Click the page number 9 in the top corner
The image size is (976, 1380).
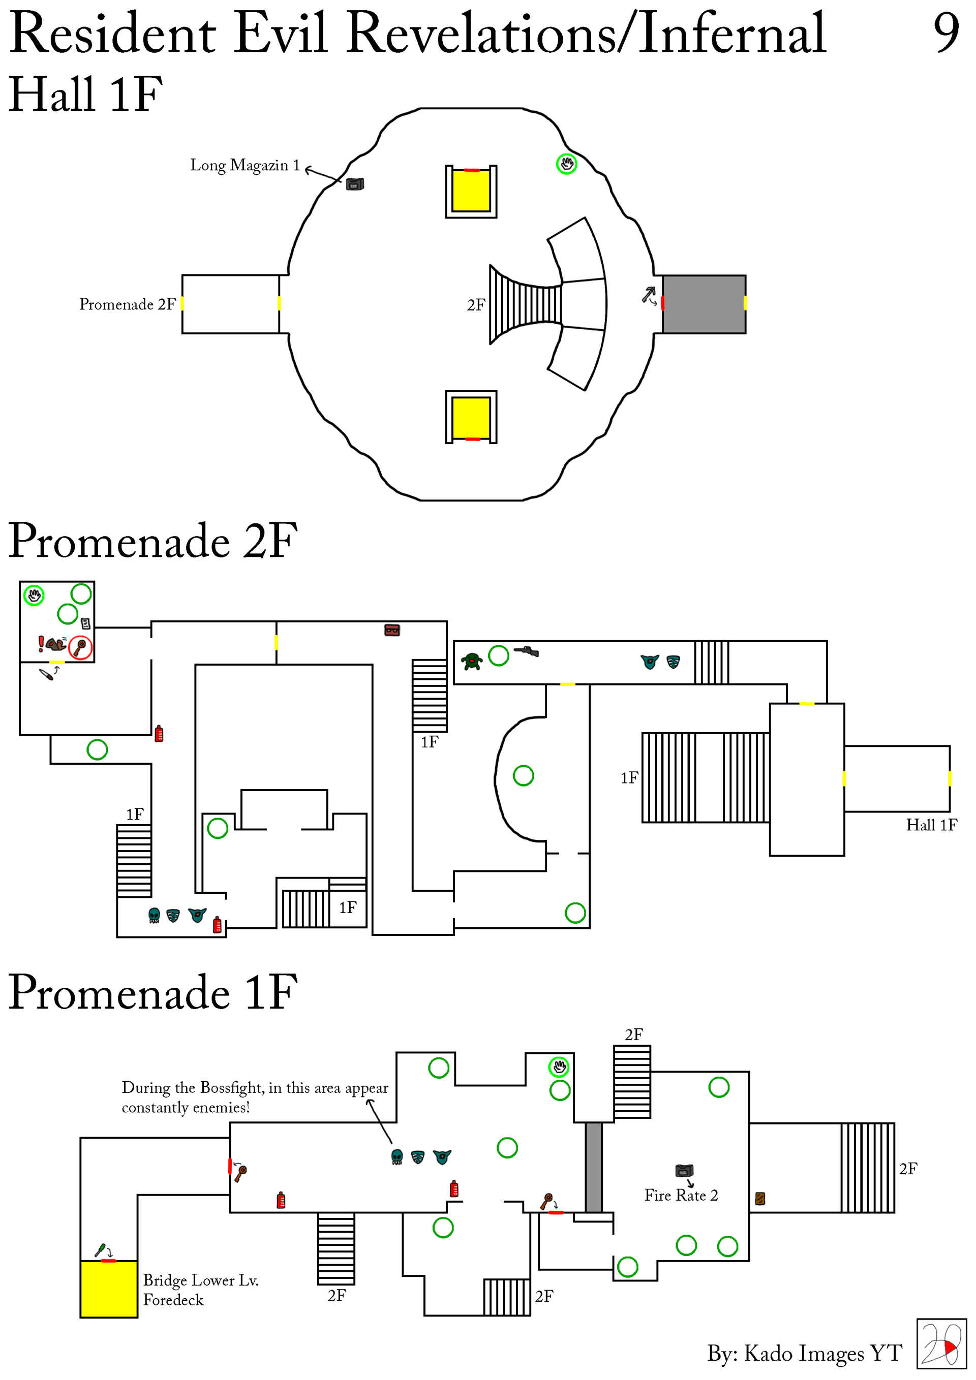click(946, 33)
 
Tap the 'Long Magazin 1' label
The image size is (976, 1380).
click(245, 165)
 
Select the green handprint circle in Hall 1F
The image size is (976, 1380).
click(566, 164)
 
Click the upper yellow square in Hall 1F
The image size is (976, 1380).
click(471, 191)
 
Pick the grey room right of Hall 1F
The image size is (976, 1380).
click(704, 304)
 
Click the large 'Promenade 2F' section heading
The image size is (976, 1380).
click(152, 541)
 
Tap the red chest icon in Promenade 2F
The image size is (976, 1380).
click(392, 630)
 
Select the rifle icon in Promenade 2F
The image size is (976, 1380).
click(526, 651)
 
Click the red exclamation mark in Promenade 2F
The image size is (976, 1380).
click(41, 644)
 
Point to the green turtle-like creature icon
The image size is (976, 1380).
click(472, 661)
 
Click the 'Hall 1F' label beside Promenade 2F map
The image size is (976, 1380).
click(931, 825)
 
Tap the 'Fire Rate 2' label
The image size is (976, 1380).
click(681, 1195)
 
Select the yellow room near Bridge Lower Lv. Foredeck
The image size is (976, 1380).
click(109, 1289)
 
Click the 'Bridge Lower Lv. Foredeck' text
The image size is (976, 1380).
click(201, 1290)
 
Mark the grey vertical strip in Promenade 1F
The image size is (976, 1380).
click(594, 1167)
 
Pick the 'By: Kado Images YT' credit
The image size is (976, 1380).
click(805, 1354)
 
